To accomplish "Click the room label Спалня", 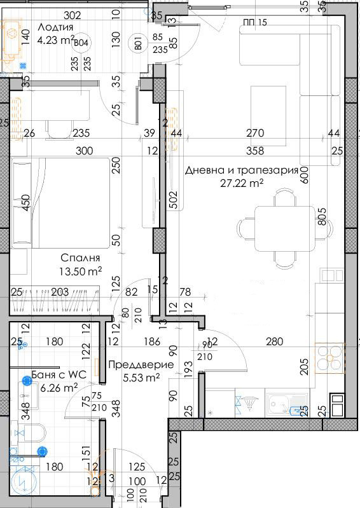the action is click(x=80, y=258).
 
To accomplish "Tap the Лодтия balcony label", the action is click(x=55, y=27).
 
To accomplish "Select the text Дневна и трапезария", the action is click(x=242, y=170).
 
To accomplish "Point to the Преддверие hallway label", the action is click(x=141, y=365).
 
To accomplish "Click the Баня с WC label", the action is click(x=59, y=375).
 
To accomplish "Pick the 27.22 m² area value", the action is click(x=242, y=183).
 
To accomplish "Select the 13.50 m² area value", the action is click(x=81, y=271).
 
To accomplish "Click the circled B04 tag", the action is click(x=81, y=43).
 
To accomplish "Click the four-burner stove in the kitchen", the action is click(x=330, y=359).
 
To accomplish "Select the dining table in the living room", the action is click(x=285, y=229).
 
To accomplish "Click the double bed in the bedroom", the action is click(x=60, y=203).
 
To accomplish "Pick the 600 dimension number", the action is click(x=305, y=175).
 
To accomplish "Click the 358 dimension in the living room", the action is click(x=255, y=151).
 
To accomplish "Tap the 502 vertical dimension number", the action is click(x=173, y=200).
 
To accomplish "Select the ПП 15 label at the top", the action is click(x=255, y=22).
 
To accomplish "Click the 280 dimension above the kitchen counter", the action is click(x=275, y=341).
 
